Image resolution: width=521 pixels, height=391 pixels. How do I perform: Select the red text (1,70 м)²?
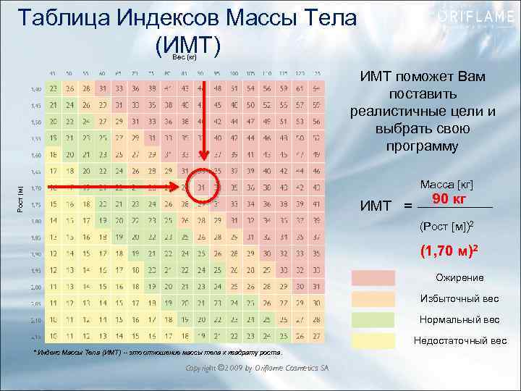(x=449, y=253)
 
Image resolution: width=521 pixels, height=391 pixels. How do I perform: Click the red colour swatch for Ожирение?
(x=373, y=278)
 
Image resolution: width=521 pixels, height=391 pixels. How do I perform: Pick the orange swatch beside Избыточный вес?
(x=373, y=299)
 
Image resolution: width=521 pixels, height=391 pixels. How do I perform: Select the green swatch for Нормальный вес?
(x=373, y=320)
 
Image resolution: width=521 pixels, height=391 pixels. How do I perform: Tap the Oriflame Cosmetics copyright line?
(x=257, y=368)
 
